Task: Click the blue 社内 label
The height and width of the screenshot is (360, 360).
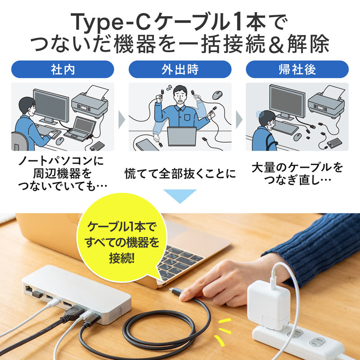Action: (63, 70)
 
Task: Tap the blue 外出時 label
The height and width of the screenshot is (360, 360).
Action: (180, 70)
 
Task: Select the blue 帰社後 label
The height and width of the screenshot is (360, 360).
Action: (297, 70)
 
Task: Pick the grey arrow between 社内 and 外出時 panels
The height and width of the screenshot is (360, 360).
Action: (121, 119)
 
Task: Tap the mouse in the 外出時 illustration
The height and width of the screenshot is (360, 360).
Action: (217, 95)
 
